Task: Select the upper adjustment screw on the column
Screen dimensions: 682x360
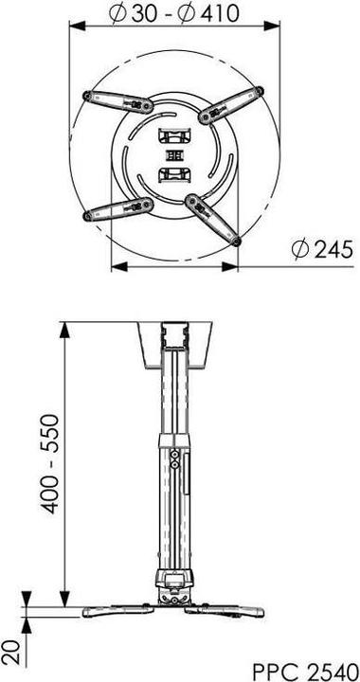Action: point(177,454)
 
